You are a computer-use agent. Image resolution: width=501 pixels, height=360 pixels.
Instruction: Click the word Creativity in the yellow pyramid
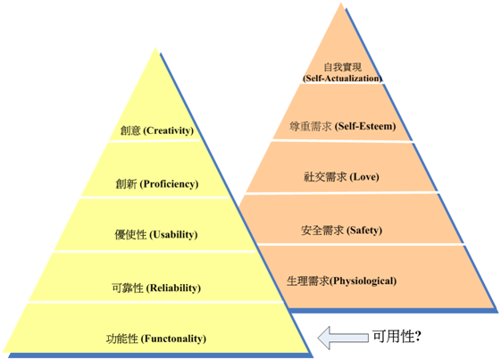click(x=170, y=130)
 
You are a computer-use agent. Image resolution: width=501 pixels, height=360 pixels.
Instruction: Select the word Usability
click(x=173, y=235)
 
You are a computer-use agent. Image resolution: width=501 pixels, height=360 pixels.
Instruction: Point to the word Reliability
click(x=173, y=288)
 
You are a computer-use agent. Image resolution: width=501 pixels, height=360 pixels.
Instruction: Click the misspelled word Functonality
click(x=173, y=339)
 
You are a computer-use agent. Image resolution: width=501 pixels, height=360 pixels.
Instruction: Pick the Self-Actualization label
click(x=342, y=79)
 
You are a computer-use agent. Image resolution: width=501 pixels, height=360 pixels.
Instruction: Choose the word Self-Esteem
click(x=365, y=126)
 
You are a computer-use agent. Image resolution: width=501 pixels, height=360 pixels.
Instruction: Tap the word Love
click(x=364, y=177)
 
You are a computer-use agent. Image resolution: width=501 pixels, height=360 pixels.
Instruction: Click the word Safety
click(x=364, y=230)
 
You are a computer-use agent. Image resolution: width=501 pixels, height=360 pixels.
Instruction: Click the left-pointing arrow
click(x=343, y=338)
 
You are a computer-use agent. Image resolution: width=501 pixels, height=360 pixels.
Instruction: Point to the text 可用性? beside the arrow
click(x=397, y=337)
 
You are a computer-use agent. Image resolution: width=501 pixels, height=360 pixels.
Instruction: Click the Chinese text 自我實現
click(x=343, y=67)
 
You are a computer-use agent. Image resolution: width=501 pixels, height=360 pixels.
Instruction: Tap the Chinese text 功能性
click(x=122, y=339)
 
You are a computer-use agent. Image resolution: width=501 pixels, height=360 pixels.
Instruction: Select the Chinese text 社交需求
click(x=325, y=177)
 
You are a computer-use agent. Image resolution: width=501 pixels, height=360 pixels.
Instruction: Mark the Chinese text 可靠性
click(x=128, y=288)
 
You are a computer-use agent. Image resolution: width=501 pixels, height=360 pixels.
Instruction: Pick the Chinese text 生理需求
click(x=308, y=281)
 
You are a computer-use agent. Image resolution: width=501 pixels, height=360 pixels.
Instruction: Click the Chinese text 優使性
click(x=130, y=235)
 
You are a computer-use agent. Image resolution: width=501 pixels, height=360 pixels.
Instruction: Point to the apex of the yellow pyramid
click(x=155, y=48)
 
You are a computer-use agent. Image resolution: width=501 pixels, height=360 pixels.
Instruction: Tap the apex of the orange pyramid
click(x=341, y=4)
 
